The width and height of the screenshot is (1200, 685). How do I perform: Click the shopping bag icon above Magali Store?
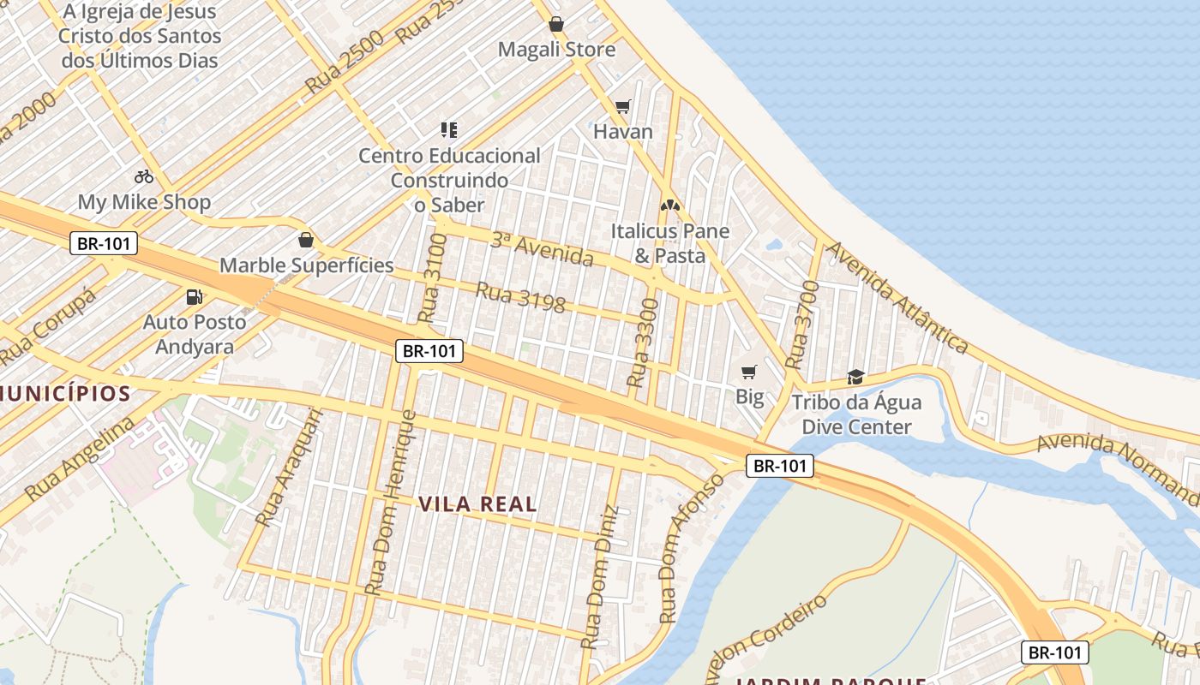coord(555,24)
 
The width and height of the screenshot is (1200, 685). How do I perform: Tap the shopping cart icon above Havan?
coord(623,106)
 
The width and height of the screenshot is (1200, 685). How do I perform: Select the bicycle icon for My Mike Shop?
coord(144,176)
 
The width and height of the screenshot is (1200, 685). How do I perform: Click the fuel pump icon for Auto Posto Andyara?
coord(195,297)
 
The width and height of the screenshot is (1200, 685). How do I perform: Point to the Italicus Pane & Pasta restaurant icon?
coord(669,205)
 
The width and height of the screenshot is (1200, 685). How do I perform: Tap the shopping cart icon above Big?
coord(749,372)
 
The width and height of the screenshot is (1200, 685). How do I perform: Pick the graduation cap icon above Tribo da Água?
coord(855,377)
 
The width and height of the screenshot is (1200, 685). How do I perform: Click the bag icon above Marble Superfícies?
coord(306,240)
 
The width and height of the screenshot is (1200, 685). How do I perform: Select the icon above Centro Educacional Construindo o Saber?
coord(449,130)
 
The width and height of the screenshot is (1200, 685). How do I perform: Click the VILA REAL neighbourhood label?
coord(478,504)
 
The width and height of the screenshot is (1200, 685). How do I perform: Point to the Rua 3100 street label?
coord(433,277)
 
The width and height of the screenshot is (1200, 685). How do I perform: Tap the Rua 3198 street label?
coord(520,297)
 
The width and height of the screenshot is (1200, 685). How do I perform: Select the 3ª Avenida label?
coord(542,248)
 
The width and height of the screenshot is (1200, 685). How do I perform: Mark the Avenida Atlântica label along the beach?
coord(898,297)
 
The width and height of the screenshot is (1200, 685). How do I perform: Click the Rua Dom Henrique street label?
coord(390,503)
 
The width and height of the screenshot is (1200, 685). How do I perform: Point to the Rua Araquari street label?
coord(290,468)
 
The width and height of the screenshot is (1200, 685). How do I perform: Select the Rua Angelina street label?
coord(80,459)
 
